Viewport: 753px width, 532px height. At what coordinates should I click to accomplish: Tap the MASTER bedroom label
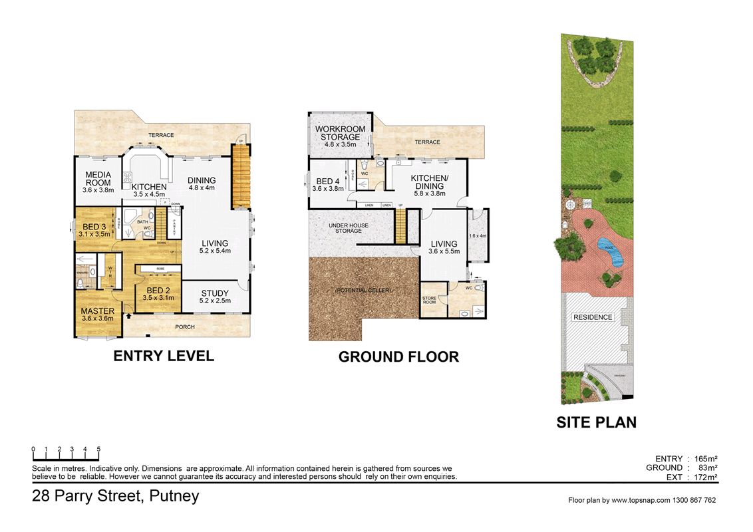coord(98,315)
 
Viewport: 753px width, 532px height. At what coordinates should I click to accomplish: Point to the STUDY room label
coord(214,297)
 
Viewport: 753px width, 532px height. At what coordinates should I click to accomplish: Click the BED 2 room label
coord(158,293)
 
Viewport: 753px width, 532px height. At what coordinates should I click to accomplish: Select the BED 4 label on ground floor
coord(329,185)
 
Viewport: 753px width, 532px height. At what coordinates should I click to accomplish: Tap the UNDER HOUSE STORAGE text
coord(349,229)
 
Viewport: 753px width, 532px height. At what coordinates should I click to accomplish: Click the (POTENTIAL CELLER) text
coord(363,291)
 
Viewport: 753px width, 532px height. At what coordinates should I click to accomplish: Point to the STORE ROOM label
coord(430,301)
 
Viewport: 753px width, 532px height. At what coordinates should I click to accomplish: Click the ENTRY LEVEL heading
coord(164,356)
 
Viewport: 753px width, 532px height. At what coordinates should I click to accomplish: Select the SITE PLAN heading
coord(597,422)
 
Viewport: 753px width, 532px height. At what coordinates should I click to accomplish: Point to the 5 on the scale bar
coord(98,450)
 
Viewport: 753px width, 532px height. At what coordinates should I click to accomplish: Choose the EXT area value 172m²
coord(705,477)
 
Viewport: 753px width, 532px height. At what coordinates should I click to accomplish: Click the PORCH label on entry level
coord(184,327)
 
